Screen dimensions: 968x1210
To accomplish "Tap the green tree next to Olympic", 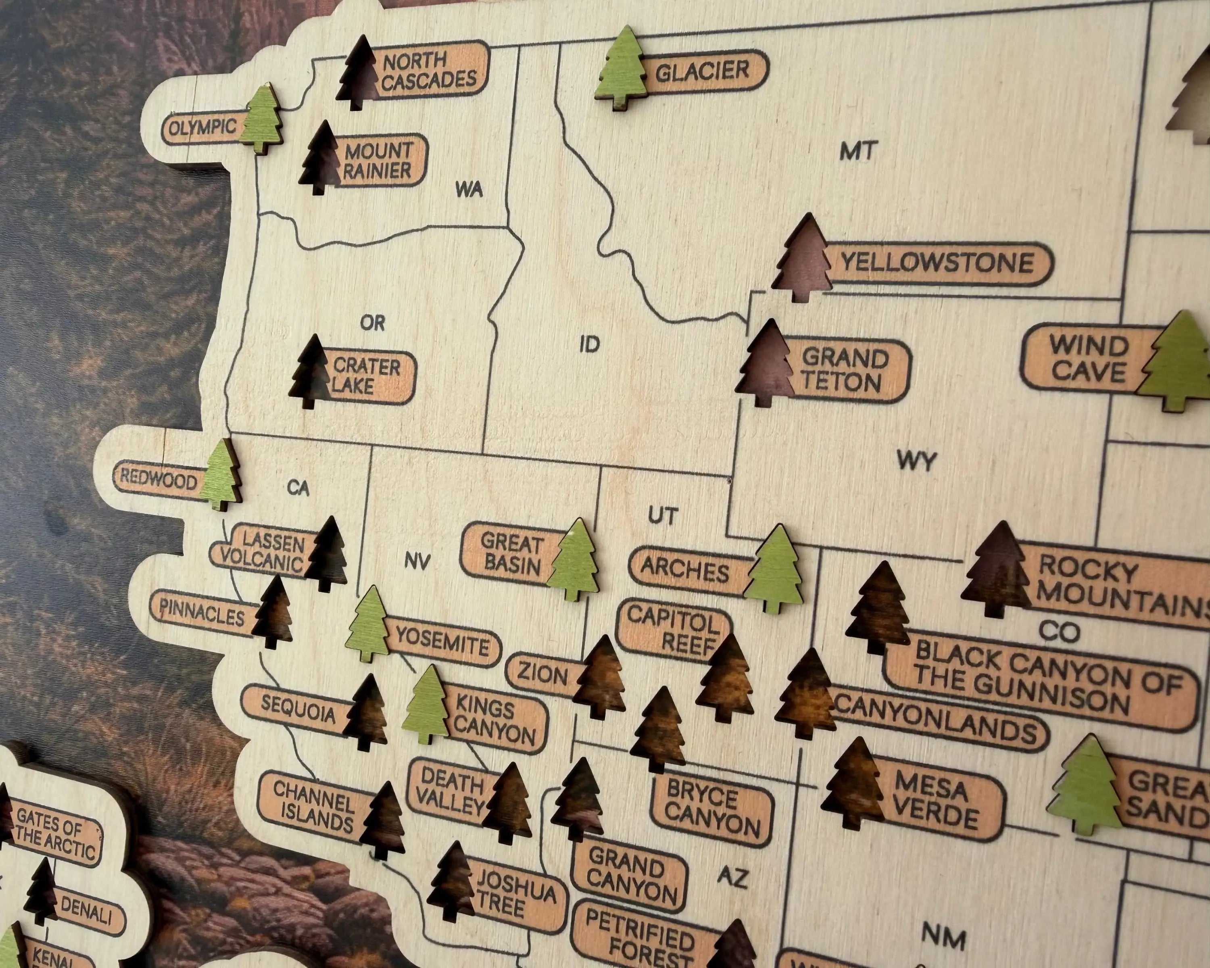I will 261,119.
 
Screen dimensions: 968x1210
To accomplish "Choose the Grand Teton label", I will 845,370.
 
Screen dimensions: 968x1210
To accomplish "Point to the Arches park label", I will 685,570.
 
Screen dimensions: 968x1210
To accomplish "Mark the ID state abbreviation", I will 589,343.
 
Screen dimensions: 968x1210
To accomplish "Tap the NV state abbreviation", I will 417,561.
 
